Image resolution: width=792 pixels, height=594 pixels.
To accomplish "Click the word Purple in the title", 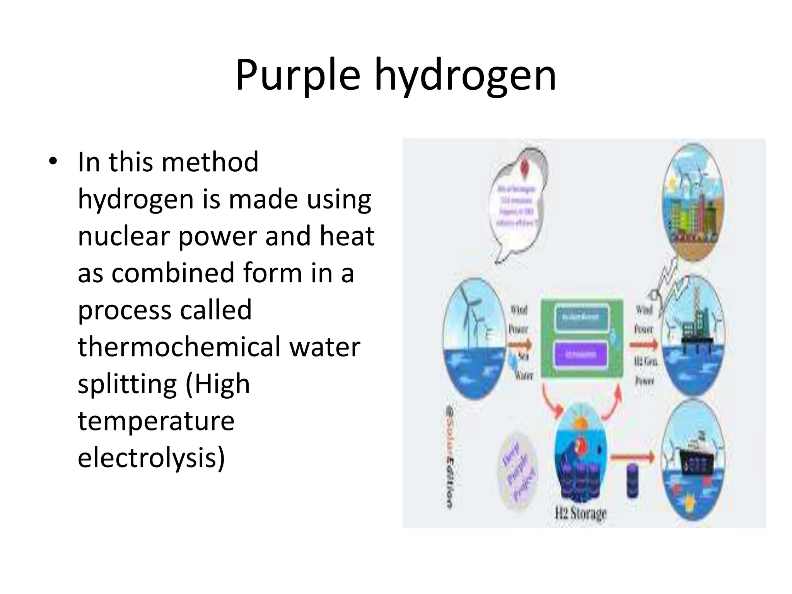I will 297,75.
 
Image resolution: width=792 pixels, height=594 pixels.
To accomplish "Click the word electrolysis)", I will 151,458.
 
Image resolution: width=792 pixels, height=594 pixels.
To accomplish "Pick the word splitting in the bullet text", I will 127,384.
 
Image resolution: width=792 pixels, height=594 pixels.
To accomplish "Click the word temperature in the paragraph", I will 156,421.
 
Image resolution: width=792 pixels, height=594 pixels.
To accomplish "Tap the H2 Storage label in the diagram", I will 581,514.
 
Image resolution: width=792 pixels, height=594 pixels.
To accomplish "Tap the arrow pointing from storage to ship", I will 632,457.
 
